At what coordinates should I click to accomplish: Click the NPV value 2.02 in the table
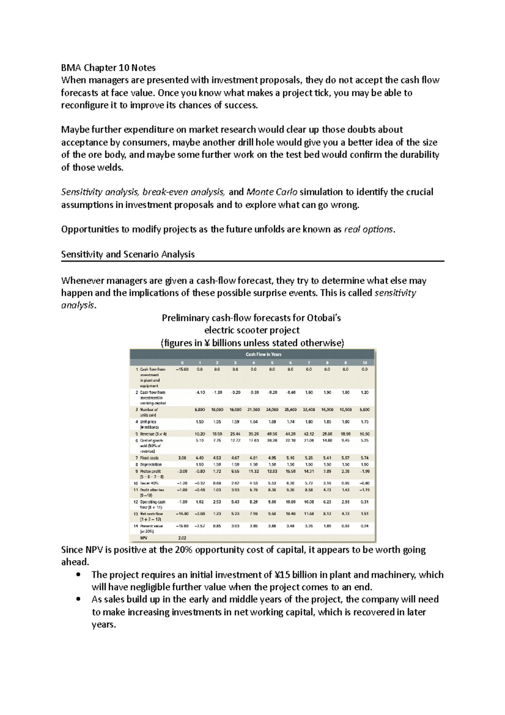pyautogui.click(x=182, y=538)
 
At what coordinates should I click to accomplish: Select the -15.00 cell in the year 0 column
pyautogui.click(x=182, y=369)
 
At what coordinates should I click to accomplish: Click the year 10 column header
pyautogui.click(x=364, y=363)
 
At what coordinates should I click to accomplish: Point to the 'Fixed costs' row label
pyautogui.click(x=149, y=458)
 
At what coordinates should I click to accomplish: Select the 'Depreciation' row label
pyautogui.click(x=151, y=464)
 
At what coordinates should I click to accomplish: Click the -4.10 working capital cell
pyautogui.click(x=200, y=392)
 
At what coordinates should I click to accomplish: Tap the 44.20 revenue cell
pyautogui.click(x=290, y=434)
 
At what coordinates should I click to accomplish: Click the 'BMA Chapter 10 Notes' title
pyautogui.click(x=108, y=67)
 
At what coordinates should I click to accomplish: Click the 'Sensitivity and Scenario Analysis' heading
pyautogui.click(x=128, y=254)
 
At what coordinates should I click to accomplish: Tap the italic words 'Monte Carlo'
pyautogui.click(x=272, y=192)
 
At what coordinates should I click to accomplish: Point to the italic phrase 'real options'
pyautogui.click(x=369, y=229)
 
